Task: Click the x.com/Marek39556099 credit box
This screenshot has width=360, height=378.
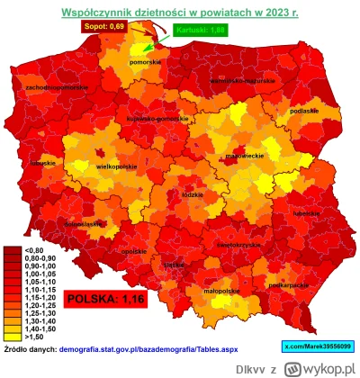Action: pyautogui.click(x=319, y=346)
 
